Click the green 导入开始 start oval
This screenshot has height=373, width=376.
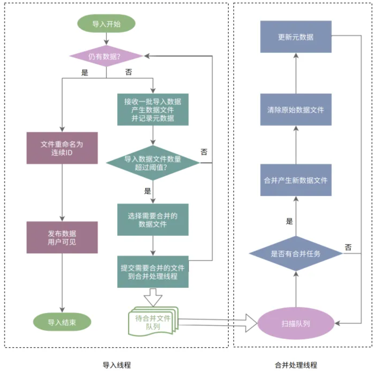(x=106, y=23)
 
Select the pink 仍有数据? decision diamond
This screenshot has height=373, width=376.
(x=106, y=56)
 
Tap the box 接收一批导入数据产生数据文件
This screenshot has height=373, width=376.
(x=153, y=109)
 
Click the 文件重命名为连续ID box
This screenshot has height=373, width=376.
(x=62, y=148)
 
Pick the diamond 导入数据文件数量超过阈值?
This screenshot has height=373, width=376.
(x=153, y=163)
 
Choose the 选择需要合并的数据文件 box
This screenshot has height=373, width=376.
(x=153, y=220)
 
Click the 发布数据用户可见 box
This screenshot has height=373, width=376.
(x=62, y=237)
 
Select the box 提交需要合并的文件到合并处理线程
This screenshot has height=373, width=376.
(x=153, y=272)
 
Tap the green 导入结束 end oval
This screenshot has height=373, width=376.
(x=62, y=322)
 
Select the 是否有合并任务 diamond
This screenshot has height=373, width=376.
(x=296, y=253)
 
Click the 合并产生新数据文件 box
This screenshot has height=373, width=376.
(x=296, y=180)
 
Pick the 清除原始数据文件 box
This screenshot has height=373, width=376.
(x=296, y=109)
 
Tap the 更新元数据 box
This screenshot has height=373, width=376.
(x=296, y=37)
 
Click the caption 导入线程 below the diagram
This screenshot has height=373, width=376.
(x=117, y=365)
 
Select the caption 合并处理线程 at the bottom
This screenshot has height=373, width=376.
(x=296, y=365)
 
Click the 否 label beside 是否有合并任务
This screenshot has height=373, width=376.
(x=348, y=247)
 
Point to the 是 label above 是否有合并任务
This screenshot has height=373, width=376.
(x=289, y=221)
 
